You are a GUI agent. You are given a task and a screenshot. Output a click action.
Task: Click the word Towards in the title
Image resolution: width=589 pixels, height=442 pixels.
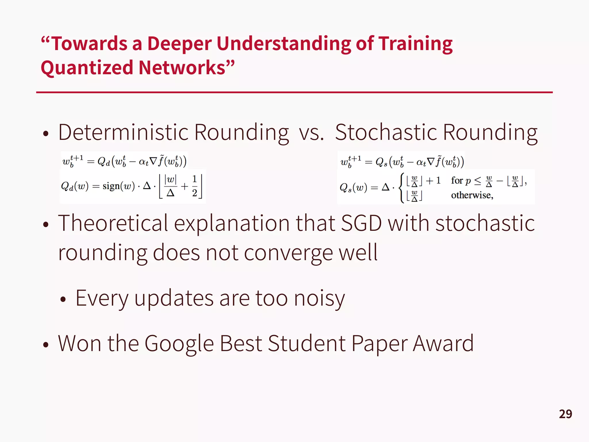click(x=89, y=44)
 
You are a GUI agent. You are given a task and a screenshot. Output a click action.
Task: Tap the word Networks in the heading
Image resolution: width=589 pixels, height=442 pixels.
click(x=182, y=68)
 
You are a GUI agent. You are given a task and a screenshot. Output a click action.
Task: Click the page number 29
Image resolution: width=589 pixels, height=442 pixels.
click(x=565, y=414)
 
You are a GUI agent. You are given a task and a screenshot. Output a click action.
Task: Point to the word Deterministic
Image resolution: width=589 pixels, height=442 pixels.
click(x=123, y=132)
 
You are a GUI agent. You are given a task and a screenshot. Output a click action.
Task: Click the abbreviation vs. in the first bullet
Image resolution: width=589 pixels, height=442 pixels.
click(x=311, y=133)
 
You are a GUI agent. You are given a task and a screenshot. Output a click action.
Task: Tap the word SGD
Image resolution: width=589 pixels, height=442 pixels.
click(x=361, y=223)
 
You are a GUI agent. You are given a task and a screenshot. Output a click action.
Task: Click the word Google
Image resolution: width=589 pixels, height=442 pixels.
click(x=179, y=344)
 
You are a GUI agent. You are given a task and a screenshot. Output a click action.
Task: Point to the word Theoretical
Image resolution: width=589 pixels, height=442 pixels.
click(x=113, y=223)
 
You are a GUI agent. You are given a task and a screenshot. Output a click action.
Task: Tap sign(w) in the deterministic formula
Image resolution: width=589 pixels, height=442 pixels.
click(x=118, y=186)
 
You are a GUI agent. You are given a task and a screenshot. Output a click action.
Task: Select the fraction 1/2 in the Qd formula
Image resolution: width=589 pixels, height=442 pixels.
click(x=194, y=186)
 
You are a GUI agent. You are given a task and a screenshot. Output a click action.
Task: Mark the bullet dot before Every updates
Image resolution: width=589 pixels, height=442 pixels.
click(x=63, y=300)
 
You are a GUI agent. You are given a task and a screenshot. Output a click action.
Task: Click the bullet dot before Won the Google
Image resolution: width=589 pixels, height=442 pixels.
click(x=46, y=344)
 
